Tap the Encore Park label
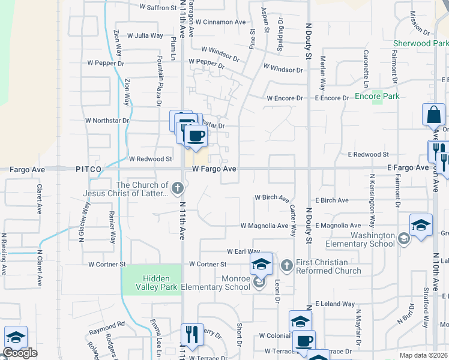[377, 96]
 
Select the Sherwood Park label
[420, 44]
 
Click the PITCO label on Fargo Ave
[90, 170]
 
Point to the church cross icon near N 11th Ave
[177, 190]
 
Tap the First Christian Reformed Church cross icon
[286, 265]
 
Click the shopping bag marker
[433, 113]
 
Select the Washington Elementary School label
[360, 239]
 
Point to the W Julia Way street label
[143, 35]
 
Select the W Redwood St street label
[151, 159]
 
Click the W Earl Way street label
[243, 251]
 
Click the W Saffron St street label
[158, 8]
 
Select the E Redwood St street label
[369, 155]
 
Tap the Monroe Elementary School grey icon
[259, 281]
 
